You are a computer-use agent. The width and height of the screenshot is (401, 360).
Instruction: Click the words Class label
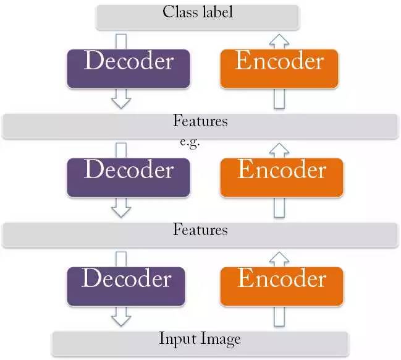click(198, 12)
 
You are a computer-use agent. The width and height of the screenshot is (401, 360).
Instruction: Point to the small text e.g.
click(190, 142)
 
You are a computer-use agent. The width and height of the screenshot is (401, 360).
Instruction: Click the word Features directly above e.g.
click(200, 121)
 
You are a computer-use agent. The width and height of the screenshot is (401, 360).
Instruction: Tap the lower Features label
click(200, 230)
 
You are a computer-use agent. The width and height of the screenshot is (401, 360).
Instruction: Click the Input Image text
click(200, 339)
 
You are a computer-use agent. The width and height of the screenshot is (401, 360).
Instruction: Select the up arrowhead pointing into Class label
click(280, 39)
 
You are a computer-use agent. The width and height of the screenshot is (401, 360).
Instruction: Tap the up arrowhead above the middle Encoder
click(280, 148)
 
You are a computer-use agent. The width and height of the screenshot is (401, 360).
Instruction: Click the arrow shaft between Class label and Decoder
click(122, 40)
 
